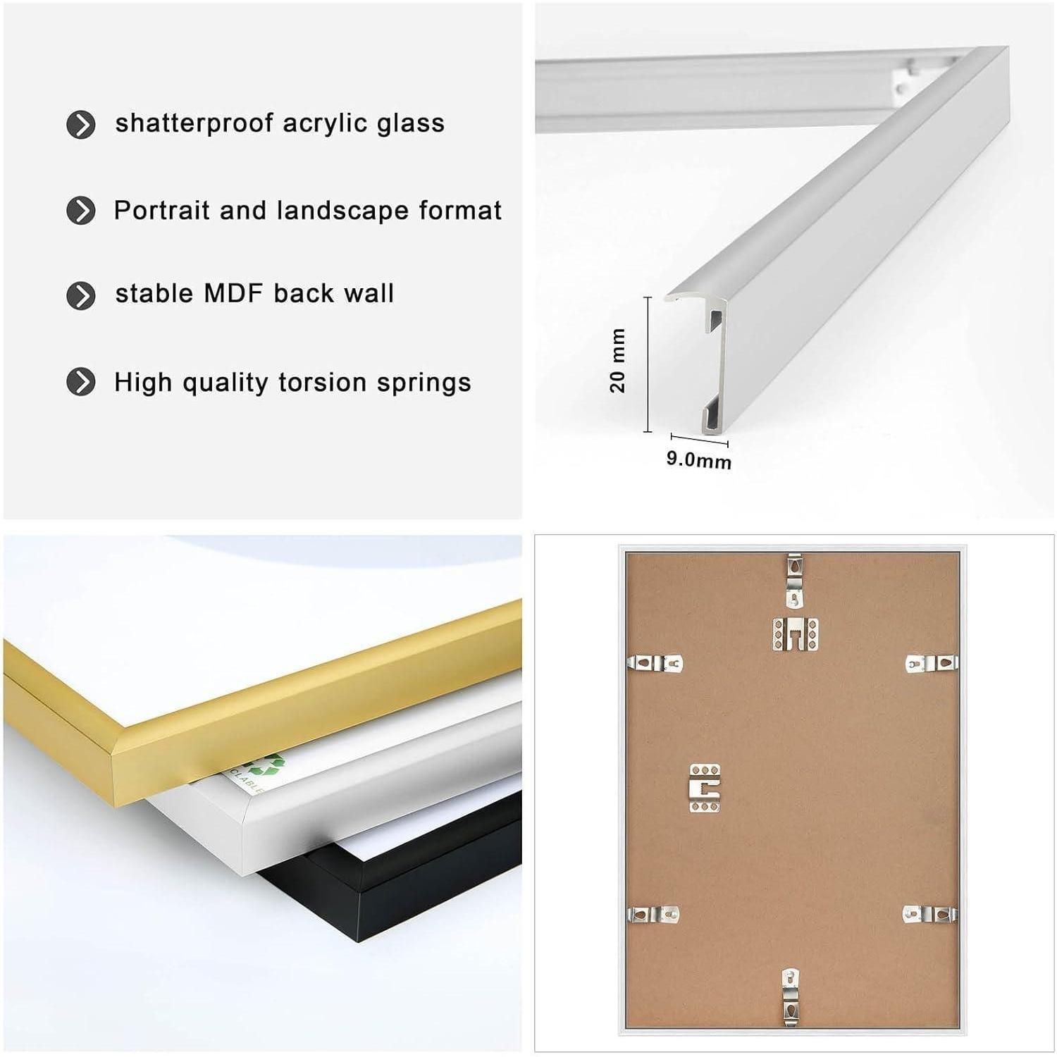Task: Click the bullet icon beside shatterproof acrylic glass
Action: tap(81, 125)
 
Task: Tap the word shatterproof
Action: tap(194, 123)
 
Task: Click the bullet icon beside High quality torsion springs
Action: tap(81, 383)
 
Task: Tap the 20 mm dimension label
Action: tap(617, 360)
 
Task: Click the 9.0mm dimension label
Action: tap(699, 460)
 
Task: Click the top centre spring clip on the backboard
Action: tap(795, 581)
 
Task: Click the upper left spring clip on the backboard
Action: tap(655, 663)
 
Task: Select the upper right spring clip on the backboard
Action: tap(932, 663)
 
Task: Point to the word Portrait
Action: tap(162, 211)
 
